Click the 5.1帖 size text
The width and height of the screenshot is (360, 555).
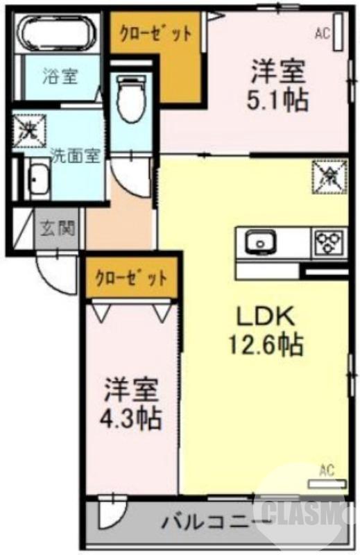coord(278,99)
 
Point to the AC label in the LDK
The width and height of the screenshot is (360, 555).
coord(326,471)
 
